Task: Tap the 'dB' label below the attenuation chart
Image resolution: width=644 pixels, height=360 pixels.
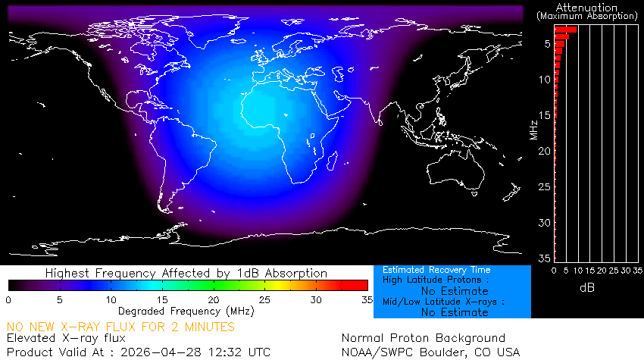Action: click(586, 288)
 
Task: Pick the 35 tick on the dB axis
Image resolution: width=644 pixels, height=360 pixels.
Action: click(638, 271)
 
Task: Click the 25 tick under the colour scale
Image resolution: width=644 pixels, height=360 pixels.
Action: click(266, 300)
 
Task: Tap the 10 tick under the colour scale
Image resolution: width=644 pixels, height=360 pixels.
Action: click(111, 300)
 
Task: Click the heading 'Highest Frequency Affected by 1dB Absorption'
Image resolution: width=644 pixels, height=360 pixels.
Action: click(186, 273)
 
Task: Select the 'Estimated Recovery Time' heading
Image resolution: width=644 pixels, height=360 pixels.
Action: click(436, 270)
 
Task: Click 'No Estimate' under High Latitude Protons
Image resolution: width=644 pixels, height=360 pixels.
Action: click(455, 290)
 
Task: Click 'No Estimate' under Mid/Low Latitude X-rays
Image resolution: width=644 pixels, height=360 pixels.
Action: click(455, 311)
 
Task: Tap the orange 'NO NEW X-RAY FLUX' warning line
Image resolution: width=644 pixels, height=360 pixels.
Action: click(120, 327)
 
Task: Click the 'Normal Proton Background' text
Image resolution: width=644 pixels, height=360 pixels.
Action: click(423, 339)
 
